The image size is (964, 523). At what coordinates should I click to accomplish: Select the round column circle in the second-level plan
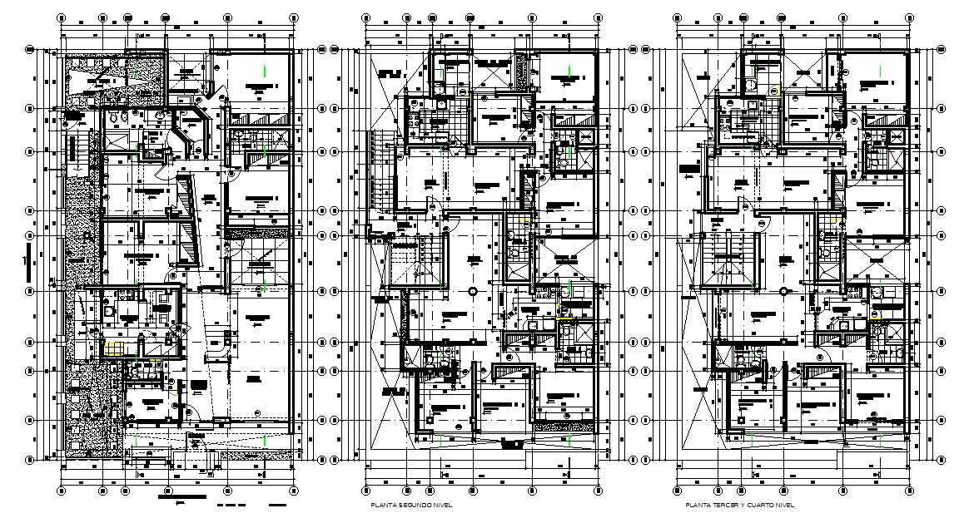472,291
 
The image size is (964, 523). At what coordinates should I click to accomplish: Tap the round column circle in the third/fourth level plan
784,290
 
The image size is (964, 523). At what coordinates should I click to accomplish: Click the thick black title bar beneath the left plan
181,497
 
